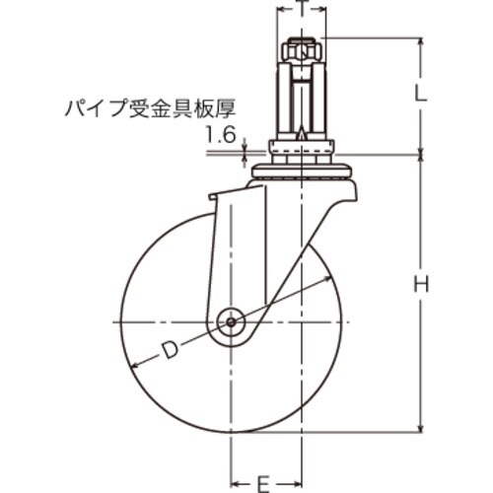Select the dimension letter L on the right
click(x=420, y=95)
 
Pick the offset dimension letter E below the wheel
click(x=263, y=483)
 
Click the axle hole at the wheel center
click(x=232, y=321)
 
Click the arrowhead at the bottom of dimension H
click(x=421, y=426)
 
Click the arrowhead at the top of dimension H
click(x=421, y=161)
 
